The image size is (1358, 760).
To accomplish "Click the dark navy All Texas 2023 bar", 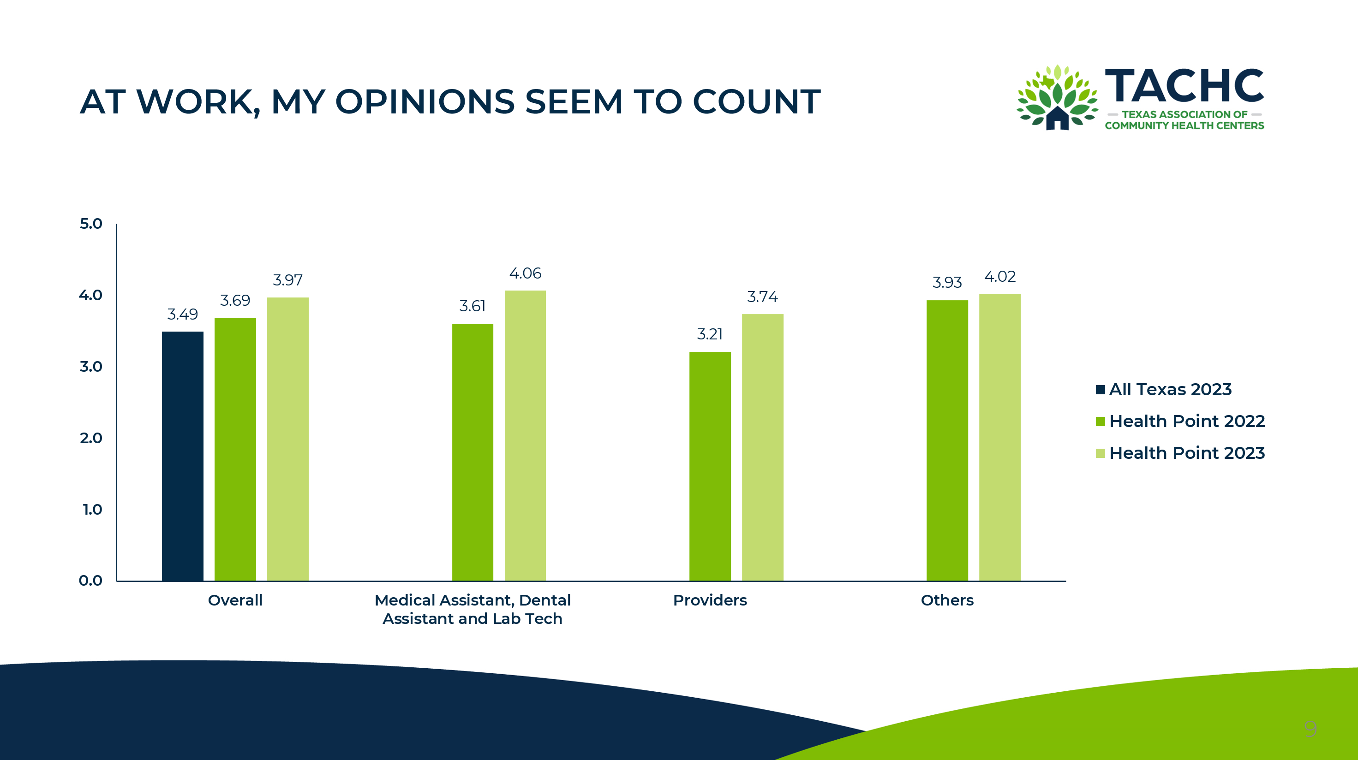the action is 182,456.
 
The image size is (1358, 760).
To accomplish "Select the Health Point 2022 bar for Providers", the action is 710,466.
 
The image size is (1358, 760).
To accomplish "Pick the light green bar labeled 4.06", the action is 525,435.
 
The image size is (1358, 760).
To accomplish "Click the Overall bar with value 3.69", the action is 235,449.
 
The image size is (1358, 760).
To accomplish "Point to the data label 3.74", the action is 762,297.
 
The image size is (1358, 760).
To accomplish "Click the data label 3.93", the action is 947,283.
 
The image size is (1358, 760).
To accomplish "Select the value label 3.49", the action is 182,314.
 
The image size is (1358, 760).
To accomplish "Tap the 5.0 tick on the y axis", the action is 91,224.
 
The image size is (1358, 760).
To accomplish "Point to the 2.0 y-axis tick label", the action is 91,438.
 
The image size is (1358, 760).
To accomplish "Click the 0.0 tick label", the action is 91,581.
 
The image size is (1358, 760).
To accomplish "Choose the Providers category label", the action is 710,600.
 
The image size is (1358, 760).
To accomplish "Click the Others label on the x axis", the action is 947,600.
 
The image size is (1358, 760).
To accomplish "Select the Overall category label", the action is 235,600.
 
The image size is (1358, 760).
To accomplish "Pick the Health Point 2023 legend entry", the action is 1180,453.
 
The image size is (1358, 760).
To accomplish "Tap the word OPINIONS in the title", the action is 425,102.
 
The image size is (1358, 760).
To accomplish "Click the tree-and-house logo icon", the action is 1057,97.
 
